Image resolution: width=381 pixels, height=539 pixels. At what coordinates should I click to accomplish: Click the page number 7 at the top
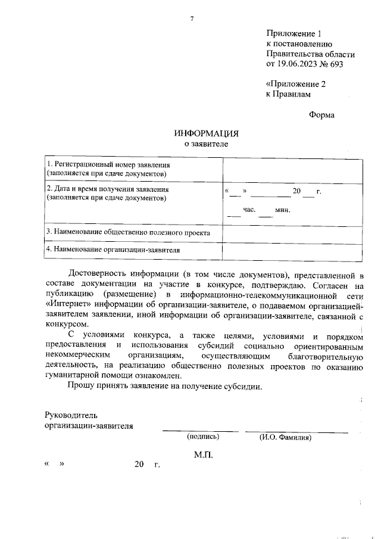coord(192,19)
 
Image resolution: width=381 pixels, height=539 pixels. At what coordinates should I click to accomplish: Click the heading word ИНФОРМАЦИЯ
coord(206,133)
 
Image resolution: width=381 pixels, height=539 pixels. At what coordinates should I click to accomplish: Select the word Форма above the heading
coord(322,115)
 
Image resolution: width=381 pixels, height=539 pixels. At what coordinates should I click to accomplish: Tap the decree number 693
coord(336,64)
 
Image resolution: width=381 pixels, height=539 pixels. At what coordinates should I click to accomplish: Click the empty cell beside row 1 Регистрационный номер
coord(292,172)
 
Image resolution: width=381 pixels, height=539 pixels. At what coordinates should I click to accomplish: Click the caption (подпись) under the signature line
coord(203,437)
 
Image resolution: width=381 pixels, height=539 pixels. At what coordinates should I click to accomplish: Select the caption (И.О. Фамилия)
coord(285,437)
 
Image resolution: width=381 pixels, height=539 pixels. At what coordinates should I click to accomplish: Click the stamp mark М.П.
coord(204,456)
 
